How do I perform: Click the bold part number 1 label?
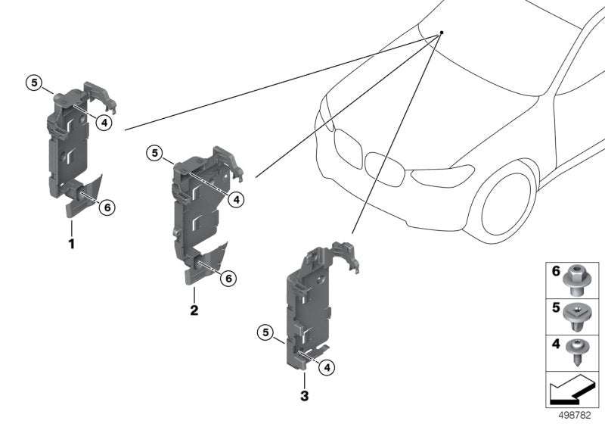pos(72,245)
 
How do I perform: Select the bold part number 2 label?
pos(194,310)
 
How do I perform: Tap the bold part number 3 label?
pos(305,395)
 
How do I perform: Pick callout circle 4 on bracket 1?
pos(104,122)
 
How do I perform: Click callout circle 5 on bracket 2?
pos(154,154)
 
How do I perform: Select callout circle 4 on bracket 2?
pos(236,199)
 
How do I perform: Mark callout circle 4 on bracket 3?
pos(327,367)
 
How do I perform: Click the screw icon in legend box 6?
pos(582,279)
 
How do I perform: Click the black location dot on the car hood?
pos(442,33)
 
